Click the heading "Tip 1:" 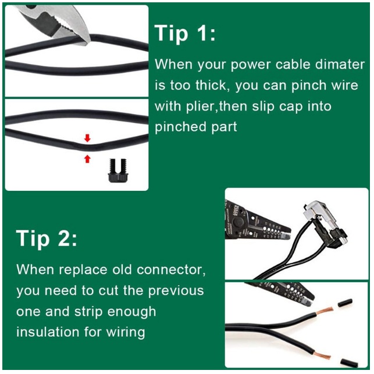pyautogui.click(x=185, y=33)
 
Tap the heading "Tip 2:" pyautogui.click(x=47, y=238)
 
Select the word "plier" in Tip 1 pyautogui.click(x=200, y=106)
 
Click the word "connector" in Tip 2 pyautogui.click(x=171, y=269)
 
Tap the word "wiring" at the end pyautogui.click(x=126, y=333)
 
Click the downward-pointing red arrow pyautogui.click(x=87, y=138)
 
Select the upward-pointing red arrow pyautogui.click(x=87, y=159)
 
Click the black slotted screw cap pyautogui.click(x=118, y=170)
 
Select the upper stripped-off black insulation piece pyautogui.click(x=345, y=302)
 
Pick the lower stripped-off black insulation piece pyautogui.click(x=349, y=362)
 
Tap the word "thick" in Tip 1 pyautogui.click(x=210, y=85)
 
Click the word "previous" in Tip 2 pyautogui.click(x=176, y=291)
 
